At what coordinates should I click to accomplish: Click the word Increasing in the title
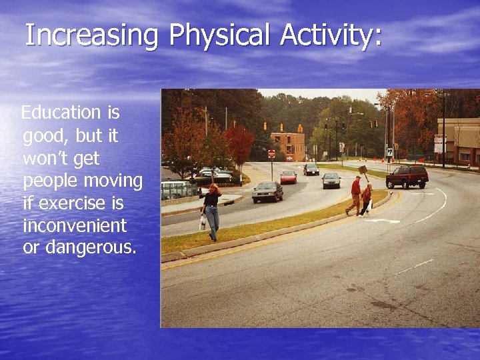coord(91,35)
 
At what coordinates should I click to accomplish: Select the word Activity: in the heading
coord(331,35)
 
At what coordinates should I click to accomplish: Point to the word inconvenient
coord(75,225)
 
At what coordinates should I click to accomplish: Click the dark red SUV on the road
coord(407,177)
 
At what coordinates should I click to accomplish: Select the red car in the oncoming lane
coord(288,177)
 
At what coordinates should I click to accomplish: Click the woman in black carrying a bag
coord(212,210)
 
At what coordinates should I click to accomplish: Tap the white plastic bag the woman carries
coord(203,223)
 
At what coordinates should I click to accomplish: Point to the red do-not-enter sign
coord(271,154)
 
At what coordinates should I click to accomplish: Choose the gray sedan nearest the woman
coord(267,191)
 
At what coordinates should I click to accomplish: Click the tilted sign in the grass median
coord(363,170)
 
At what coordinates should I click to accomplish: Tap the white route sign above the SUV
coord(389,152)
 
